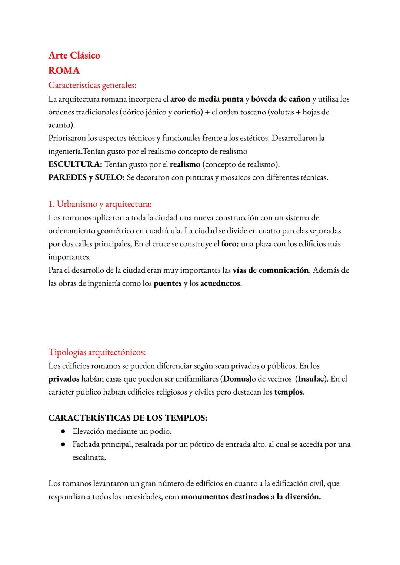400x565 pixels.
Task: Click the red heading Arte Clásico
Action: pyautogui.click(x=74, y=56)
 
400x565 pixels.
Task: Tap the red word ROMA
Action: pyautogui.click(x=64, y=70)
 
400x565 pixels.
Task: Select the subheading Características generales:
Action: pyautogui.click(x=92, y=85)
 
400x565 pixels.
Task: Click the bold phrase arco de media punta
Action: pyautogui.click(x=207, y=99)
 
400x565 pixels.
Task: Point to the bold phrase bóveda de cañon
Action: pyautogui.click(x=280, y=99)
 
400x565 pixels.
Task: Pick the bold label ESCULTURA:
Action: pyautogui.click(x=75, y=164)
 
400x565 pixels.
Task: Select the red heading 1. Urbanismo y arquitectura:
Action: pyautogui.click(x=100, y=204)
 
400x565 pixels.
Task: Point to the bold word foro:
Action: pyautogui.click(x=230, y=244)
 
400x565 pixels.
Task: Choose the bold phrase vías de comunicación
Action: pyautogui.click(x=270, y=270)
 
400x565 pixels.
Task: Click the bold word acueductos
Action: pyautogui.click(x=220, y=283)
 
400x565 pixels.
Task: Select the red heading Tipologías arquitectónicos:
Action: pyautogui.click(x=97, y=352)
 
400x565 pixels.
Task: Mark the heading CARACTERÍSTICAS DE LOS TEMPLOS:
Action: pyautogui.click(x=128, y=418)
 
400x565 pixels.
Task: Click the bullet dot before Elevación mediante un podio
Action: pyautogui.click(x=63, y=432)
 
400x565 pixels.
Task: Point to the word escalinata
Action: pyautogui.click(x=89, y=458)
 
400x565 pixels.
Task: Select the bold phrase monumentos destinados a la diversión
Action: pyautogui.click(x=251, y=497)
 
